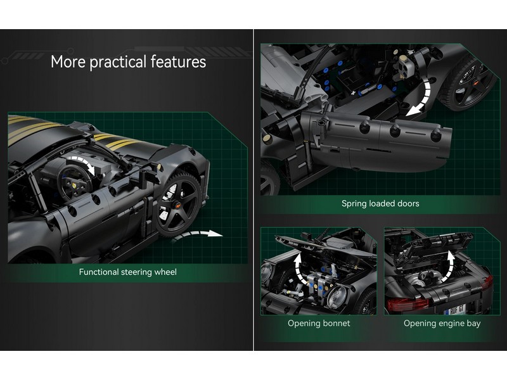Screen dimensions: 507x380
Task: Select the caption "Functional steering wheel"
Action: coord(128,272)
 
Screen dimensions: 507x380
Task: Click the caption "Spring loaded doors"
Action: coord(380,203)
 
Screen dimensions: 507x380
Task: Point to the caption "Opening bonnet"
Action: coord(319,323)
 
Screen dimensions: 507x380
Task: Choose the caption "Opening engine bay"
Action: coord(442,323)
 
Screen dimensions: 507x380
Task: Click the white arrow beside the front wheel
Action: coord(196,234)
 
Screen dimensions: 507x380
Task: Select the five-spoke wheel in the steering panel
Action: coord(177,204)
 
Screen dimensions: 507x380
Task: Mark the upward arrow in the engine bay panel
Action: coord(448,267)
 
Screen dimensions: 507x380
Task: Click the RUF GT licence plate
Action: coord(454,310)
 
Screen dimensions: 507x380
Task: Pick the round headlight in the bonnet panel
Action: coord(337,296)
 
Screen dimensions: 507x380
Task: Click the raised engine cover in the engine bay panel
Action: coord(434,246)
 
